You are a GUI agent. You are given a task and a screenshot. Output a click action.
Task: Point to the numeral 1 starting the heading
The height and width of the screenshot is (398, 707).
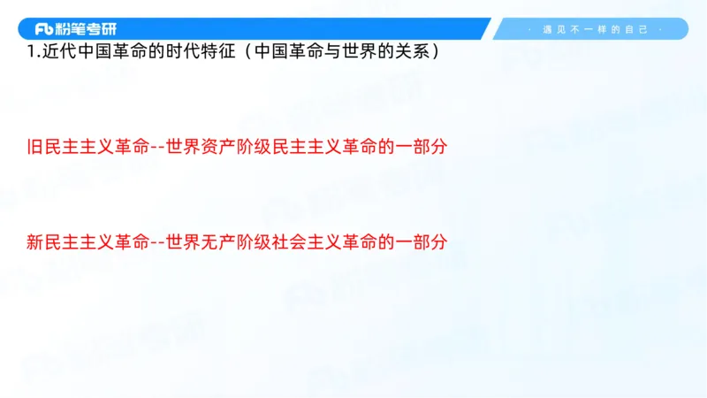tap(31, 51)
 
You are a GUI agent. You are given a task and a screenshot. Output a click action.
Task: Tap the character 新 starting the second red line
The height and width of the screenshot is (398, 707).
tap(34, 241)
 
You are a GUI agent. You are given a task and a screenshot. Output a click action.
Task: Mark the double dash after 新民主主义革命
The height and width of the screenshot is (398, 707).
tap(159, 241)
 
